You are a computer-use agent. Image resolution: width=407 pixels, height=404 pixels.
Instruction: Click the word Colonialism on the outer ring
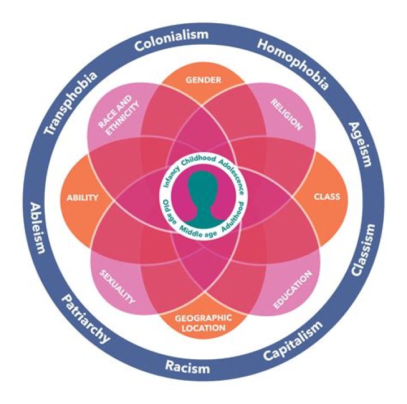click(171, 40)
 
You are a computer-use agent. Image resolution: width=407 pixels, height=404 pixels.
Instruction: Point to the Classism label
click(363, 250)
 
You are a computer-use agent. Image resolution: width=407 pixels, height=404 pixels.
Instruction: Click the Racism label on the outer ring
click(187, 367)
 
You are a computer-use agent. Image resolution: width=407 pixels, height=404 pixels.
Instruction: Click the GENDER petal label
click(203, 80)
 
